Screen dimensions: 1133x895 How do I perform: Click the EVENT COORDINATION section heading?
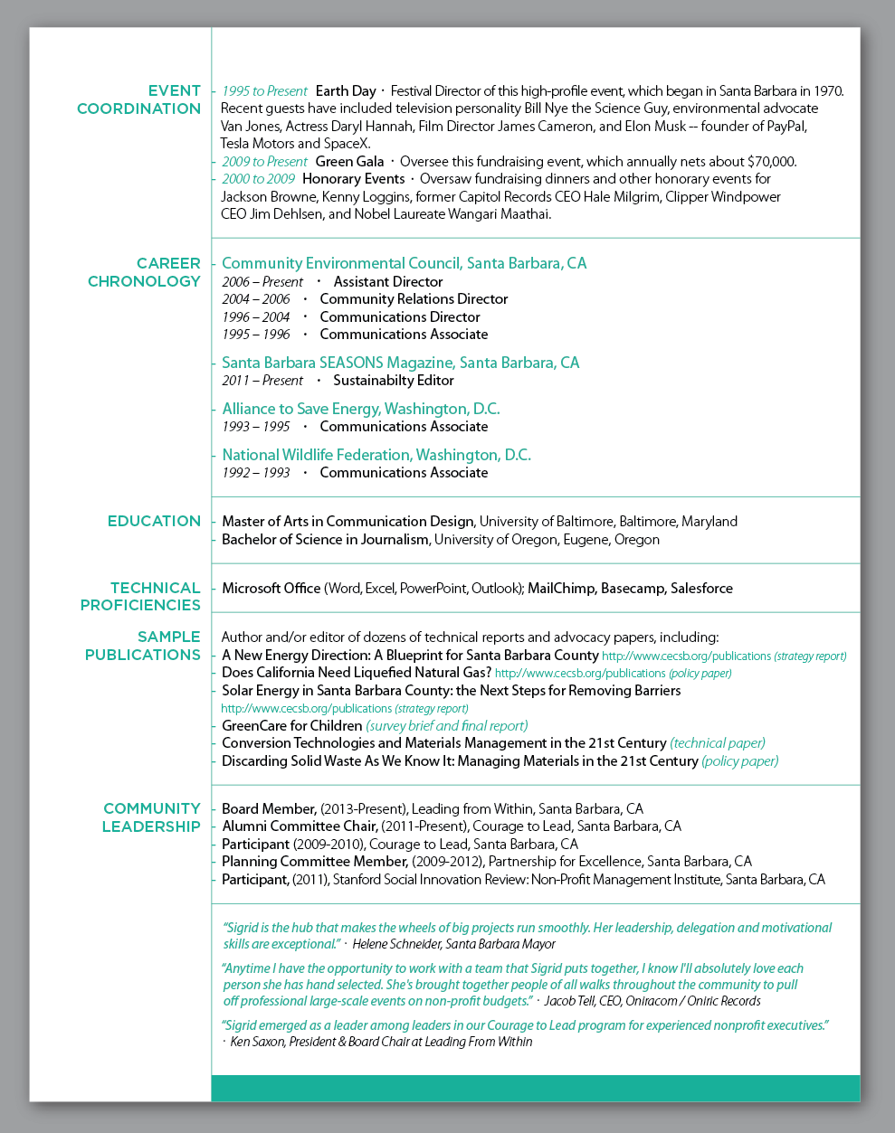click(x=138, y=99)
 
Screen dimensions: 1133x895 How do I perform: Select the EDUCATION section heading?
click(x=154, y=521)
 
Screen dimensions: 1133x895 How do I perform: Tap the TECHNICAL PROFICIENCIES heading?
click(x=141, y=596)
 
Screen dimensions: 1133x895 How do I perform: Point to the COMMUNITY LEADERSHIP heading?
click(x=151, y=817)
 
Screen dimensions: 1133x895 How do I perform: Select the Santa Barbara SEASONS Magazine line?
click(x=400, y=363)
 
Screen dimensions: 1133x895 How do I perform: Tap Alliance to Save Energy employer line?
click(x=360, y=409)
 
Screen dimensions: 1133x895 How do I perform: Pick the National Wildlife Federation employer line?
click(x=376, y=455)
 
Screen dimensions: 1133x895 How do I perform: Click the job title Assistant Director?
click(x=387, y=281)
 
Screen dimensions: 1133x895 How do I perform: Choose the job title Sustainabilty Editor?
click(x=393, y=381)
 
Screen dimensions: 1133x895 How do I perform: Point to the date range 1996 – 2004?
click(x=256, y=316)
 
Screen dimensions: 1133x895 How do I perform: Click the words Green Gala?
click(x=349, y=162)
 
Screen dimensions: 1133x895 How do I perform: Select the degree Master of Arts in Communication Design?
click(x=348, y=522)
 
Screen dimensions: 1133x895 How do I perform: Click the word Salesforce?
click(x=701, y=589)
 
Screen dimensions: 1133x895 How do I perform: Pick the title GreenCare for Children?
click(x=291, y=726)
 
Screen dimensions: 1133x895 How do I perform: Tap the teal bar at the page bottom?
click(x=535, y=1088)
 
